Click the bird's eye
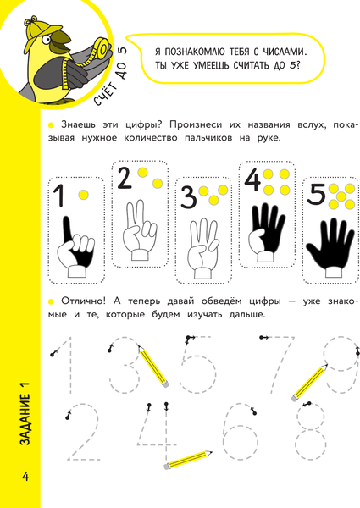tap(47, 39)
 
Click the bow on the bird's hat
tap(30, 20)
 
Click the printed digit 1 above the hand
tap(59, 196)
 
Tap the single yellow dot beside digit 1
tap(83, 195)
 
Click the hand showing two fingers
tap(139, 229)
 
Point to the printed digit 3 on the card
tap(189, 197)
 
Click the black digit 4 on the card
tap(252, 180)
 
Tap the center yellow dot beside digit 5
tap(341, 196)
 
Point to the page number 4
tap(25, 477)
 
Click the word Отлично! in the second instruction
tap(83, 301)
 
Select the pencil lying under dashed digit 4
tap(188, 460)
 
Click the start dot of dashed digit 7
tap(262, 338)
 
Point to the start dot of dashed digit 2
tap(68, 417)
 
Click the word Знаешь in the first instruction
tap(78, 125)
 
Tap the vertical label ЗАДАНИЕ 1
tap(25, 414)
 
